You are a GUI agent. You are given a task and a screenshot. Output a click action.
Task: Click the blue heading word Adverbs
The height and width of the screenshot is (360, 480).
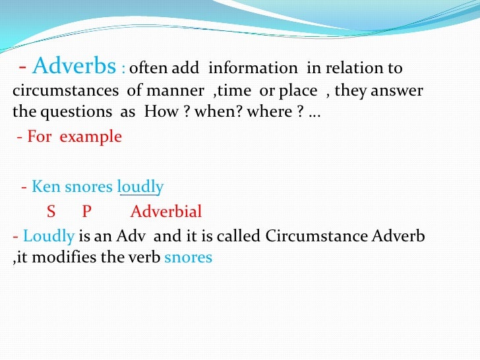click(x=74, y=67)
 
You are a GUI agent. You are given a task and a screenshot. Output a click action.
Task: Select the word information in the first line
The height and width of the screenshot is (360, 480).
click(x=253, y=69)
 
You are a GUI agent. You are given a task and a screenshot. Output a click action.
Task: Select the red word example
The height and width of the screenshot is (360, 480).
click(x=91, y=137)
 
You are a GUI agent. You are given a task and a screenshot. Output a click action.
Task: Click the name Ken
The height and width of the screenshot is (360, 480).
click(x=46, y=187)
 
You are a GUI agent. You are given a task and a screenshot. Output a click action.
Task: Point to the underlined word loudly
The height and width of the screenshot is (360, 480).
click(x=140, y=187)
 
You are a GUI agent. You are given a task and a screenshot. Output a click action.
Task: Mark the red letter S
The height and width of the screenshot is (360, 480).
click(x=51, y=212)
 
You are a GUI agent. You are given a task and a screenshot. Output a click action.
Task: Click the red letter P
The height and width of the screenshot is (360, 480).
click(x=86, y=212)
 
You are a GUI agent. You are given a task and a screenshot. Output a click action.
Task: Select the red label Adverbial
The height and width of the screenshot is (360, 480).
click(x=166, y=212)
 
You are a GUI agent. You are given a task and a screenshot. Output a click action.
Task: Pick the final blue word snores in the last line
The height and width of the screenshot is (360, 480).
click(x=189, y=257)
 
